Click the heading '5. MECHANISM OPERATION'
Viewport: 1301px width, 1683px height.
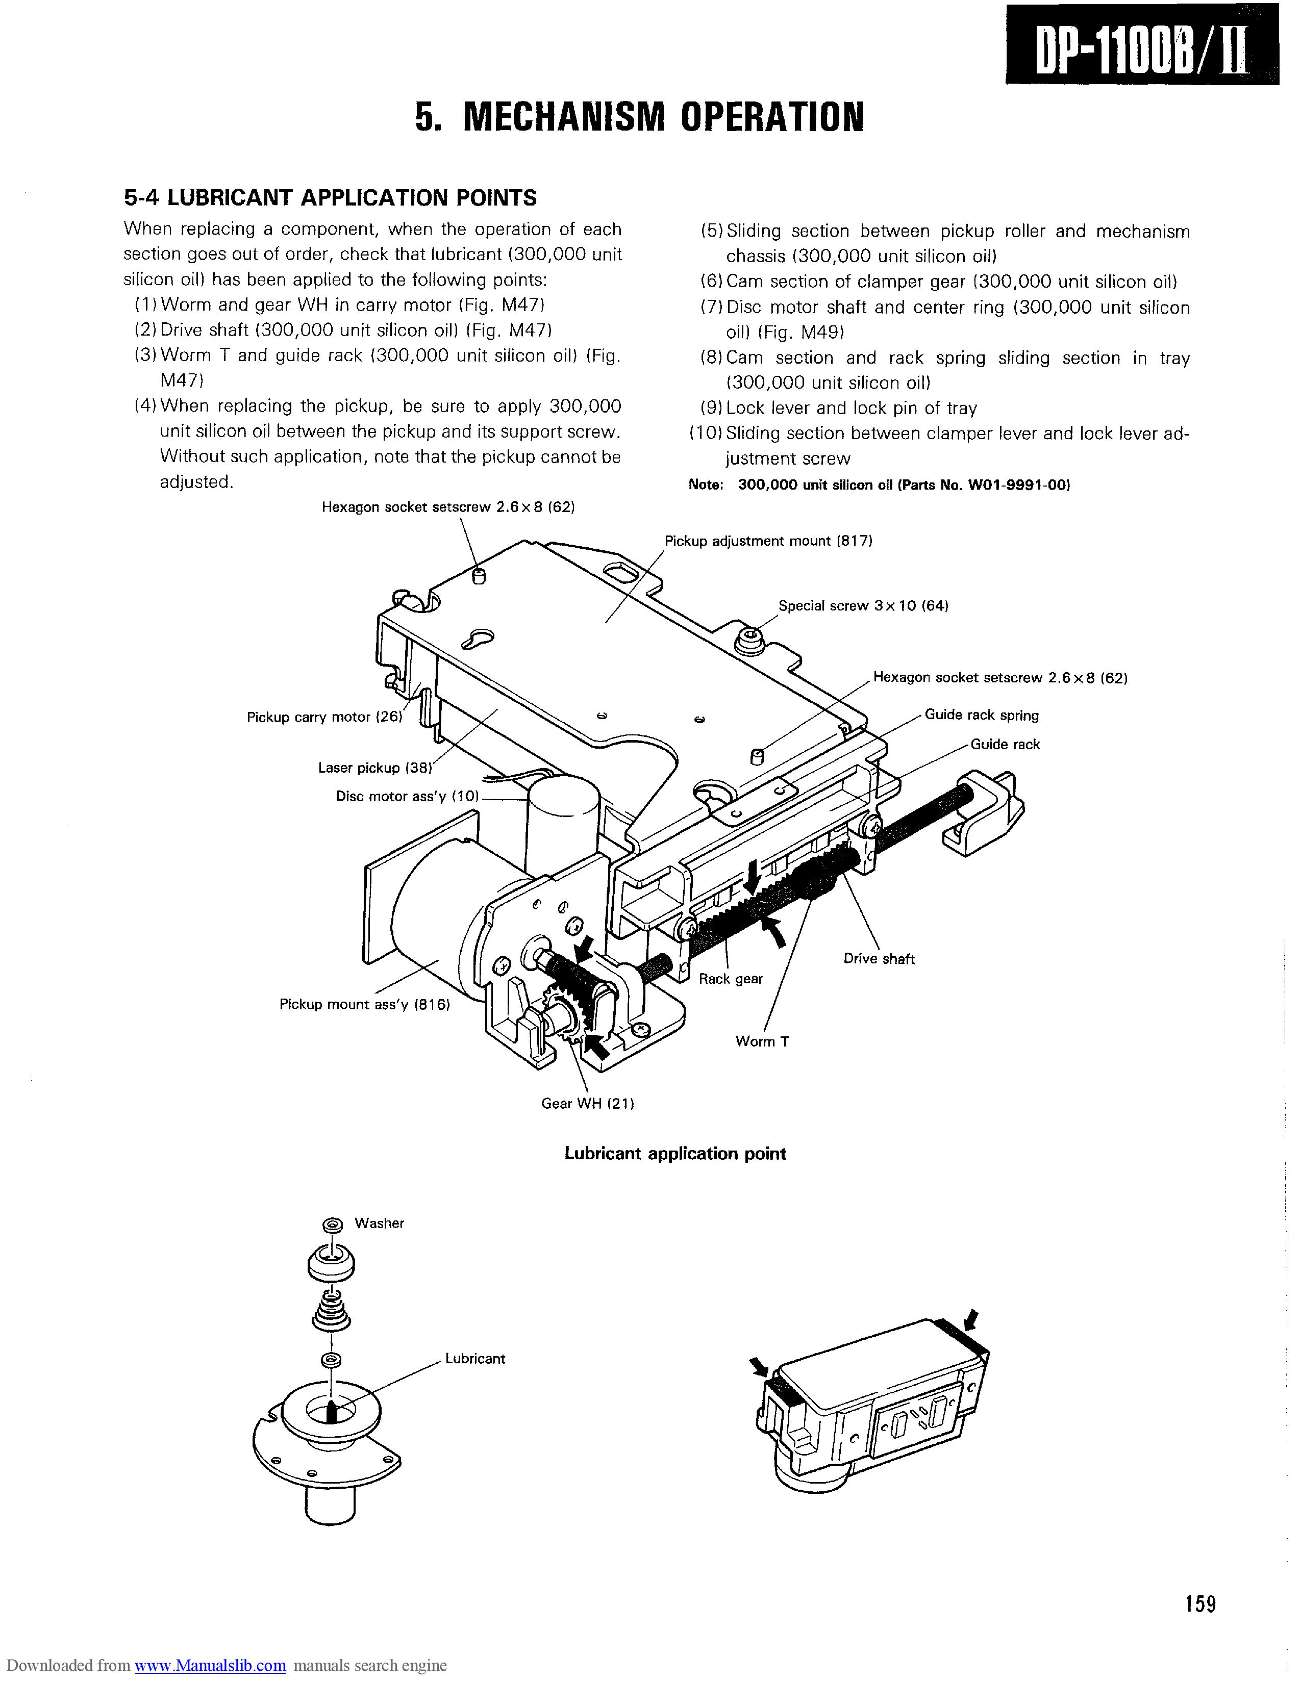tap(639, 117)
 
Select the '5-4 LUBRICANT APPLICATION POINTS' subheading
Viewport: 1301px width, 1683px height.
tap(330, 198)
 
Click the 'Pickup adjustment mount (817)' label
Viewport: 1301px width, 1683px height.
tap(768, 541)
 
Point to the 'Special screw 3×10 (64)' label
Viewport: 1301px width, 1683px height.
tap(863, 606)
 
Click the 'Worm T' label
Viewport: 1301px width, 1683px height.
tap(762, 1041)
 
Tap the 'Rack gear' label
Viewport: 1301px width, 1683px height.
tap(731, 979)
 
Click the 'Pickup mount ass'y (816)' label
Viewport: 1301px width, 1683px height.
tap(365, 1004)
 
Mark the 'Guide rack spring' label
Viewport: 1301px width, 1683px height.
tap(982, 715)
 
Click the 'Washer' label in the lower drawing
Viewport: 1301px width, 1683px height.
tap(379, 1223)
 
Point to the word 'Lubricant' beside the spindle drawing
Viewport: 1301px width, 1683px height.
tap(475, 1359)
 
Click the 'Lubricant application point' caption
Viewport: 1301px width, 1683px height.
tap(675, 1154)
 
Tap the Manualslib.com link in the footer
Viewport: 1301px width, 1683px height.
tap(210, 1666)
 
